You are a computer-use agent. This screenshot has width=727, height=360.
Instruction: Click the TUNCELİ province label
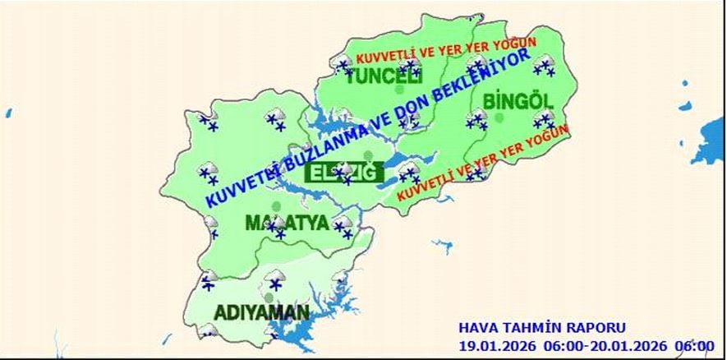tap(384, 78)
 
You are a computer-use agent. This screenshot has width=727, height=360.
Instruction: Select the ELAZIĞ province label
tap(343, 173)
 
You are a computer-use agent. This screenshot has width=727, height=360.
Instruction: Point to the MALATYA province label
tap(287, 224)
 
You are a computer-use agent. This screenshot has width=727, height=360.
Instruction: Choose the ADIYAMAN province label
tap(262, 313)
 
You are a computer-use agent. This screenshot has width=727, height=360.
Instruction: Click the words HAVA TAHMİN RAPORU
tap(542, 328)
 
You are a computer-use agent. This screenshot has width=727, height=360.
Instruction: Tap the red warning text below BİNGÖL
tap(481, 165)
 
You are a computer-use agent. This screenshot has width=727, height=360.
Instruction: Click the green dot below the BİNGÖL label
tap(499, 118)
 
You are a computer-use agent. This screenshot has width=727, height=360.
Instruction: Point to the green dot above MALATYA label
tap(276, 205)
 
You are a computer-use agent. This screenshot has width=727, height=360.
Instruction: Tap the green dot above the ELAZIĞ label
tap(369, 155)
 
